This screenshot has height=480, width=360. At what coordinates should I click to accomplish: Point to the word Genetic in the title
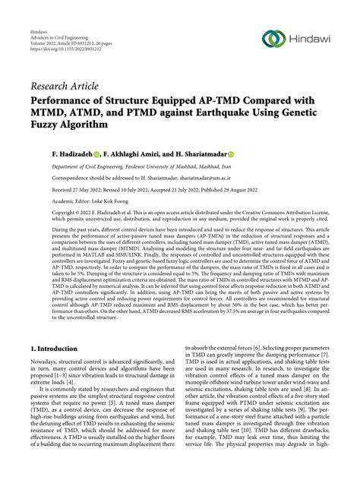click(312, 112)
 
